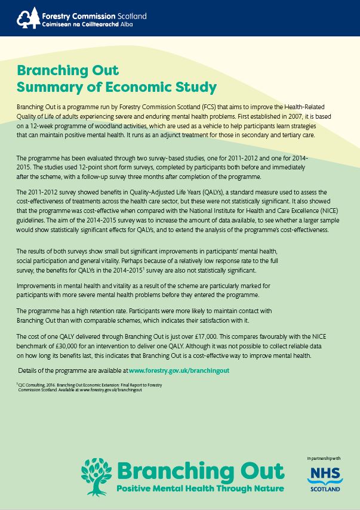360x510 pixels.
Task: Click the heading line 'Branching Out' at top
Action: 68,70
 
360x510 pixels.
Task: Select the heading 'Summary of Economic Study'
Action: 116,88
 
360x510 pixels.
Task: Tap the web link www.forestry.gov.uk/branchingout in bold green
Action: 179,370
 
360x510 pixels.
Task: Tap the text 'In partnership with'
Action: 324,458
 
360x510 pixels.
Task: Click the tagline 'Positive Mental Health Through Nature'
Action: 201,489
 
